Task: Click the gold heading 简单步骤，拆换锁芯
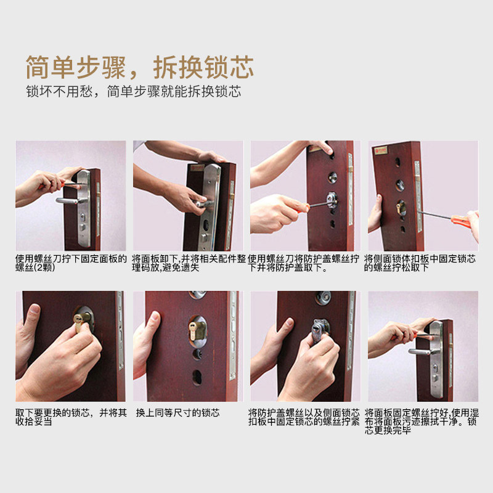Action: click(x=140, y=67)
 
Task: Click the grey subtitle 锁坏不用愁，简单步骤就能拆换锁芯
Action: click(x=134, y=91)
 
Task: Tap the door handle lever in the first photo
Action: click(x=67, y=201)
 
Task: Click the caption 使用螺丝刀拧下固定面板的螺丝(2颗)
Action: click(x=71, y=263)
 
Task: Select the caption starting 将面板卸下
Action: click(x=189, y=263)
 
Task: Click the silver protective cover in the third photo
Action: click(x=332, y=200)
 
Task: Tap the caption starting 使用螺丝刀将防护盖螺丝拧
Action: click(x=303, y=263)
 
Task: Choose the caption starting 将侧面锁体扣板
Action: click(x=420, y=263)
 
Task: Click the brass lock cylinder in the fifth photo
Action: click(x=79, y=321)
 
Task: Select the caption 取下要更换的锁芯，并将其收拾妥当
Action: click(x=71, y=417)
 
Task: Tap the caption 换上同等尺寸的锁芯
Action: click(x=177, y=412)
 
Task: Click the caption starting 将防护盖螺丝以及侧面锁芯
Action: click(x=303, y=417)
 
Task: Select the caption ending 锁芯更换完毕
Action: click(x=422, y=422)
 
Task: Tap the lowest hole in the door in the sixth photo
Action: click(x=197, y=377)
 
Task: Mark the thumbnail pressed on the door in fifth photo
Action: click(x=35, y=309)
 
